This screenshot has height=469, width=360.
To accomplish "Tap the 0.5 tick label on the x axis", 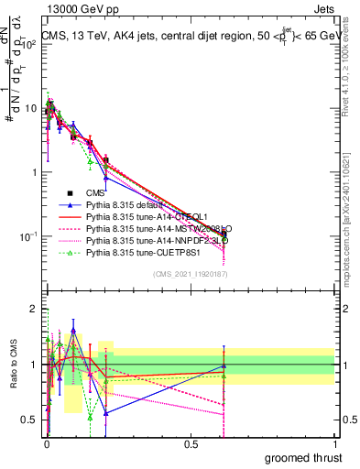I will pyautogui.click(x=191, y=443).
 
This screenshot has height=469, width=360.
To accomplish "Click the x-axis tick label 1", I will pyautogui.click(x=335, y=443).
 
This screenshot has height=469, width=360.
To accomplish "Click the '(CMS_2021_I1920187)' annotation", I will pyautogui.click(x=190, y=274).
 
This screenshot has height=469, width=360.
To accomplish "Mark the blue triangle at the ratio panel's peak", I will pyautogui.click(x=73, y=331).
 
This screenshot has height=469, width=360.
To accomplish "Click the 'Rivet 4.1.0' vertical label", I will pyautogui.click(x=352, y=69).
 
